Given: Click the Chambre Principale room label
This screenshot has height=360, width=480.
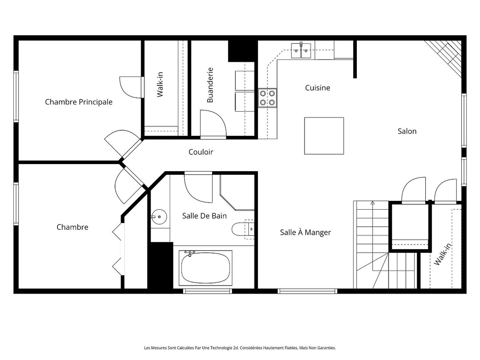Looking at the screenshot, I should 79,102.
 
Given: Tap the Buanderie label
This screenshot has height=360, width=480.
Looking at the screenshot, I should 210,85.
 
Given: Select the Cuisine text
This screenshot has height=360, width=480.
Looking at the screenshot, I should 318,88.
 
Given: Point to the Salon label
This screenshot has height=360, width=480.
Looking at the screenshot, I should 407,131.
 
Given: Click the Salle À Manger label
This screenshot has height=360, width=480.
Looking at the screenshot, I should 305,233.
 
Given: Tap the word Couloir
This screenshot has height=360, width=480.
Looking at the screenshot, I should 201,152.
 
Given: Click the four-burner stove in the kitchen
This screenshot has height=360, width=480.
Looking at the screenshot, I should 268,98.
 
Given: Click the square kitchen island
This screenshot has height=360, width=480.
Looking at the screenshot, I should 324,136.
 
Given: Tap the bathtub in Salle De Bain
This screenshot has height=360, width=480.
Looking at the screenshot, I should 206,268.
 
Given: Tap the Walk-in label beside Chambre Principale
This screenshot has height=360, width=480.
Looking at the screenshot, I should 160,84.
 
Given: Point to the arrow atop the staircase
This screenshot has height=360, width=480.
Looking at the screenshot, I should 372,203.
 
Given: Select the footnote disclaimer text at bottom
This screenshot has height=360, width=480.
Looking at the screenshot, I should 240,348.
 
